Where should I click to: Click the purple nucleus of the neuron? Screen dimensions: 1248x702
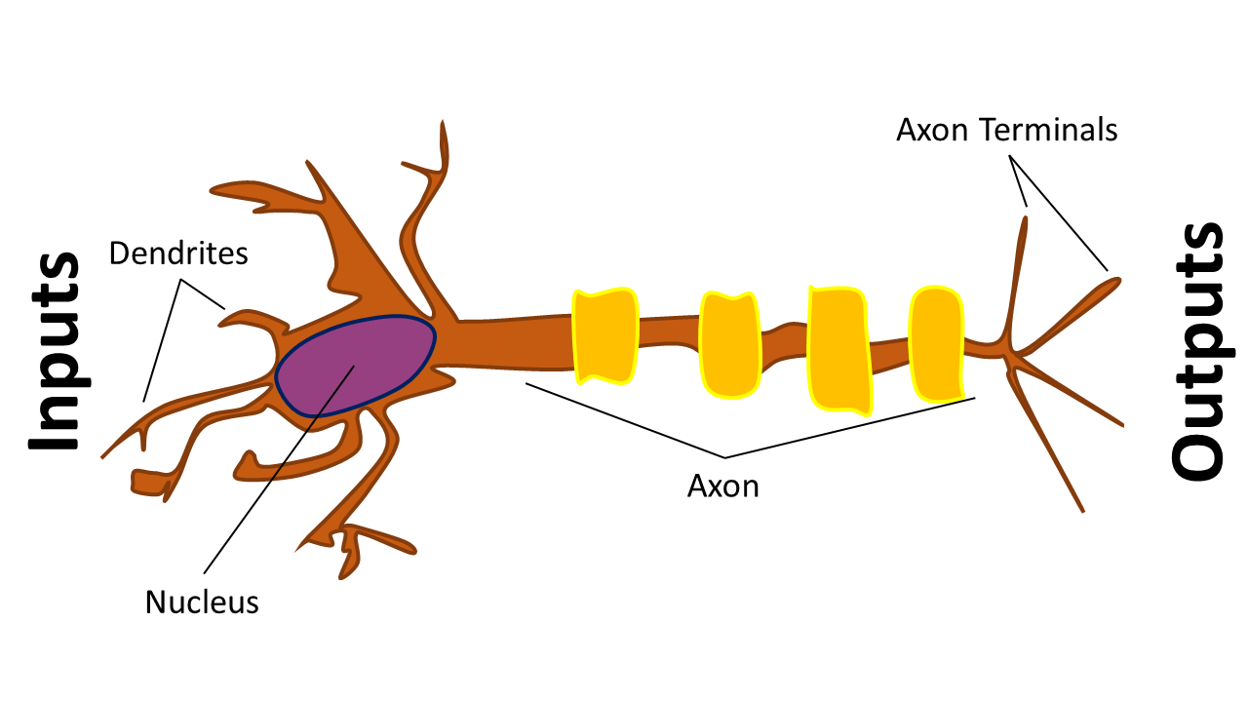tap(356, 366)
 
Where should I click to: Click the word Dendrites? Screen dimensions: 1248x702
tap(178, 253)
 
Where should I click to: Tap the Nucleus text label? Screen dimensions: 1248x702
tap(202, 603)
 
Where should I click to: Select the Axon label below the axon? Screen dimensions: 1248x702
tap(723, 486)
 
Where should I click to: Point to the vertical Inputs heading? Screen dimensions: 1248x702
tap(54, 351)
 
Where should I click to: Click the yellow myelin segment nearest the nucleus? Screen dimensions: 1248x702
tap(605, 336)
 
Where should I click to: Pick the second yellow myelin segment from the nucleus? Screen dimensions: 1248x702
tap(730, 344)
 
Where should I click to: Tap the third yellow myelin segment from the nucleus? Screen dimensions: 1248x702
tap(839, 350)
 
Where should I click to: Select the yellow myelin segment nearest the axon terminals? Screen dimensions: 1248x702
tap(937, 343)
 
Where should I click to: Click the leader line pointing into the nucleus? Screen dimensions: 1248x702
tap(279, 469)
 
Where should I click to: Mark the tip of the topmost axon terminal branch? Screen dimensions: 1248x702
tap(1025, 217)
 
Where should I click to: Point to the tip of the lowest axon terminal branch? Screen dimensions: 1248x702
tap(1082, 510)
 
